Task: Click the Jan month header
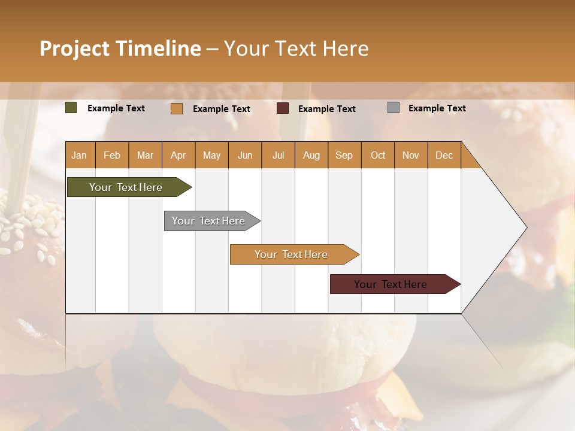pyautogui.click(x=80, y=155)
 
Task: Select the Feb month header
pyautogui.click(x=112, y=155)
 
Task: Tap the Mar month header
pyautogui.click(x=145, y=155)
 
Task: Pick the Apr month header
pyautogui.click(x=178, y=155)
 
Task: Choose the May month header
pyautogui.click(x=211, y=155)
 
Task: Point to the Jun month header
pyautogui.click(x=245, y=155)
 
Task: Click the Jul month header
pyautogui.click(x=278, y=155)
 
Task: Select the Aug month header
pyautogui.click(x=311, y=155)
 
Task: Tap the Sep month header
pyautogui.click(x=344, y=155)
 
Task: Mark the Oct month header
pyautogui.click(x=378, y=155)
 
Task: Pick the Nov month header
pyautogui.click(x=411, y=155)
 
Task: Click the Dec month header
pyautogui.click(x=444, y=155)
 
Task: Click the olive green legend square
pyautogui.click(x=71, y=108)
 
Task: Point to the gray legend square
pyautogui.click(x=394, y=108)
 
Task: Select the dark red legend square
pyautogui.click(x=283, y=108)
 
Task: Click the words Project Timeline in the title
pyautogui.click(x=120, y=48)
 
